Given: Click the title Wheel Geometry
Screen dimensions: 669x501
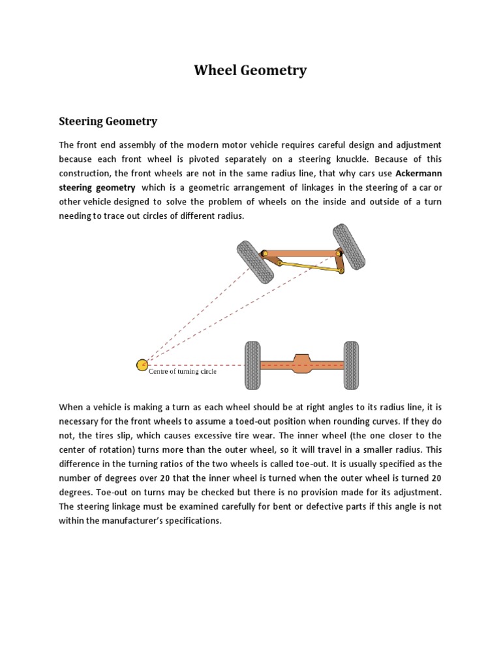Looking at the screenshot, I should coord(250,71).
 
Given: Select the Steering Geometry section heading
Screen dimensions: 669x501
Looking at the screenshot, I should coord(108,122).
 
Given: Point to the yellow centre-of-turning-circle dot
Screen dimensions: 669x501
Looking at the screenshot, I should coord(142,365).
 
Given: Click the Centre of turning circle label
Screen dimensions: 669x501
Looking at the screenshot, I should coord(183,372).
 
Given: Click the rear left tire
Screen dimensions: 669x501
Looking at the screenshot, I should coord(252,365).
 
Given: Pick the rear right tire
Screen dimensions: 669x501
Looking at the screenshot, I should coord(351,365).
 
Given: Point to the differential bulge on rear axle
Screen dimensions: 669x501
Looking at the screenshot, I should coord(301,364).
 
